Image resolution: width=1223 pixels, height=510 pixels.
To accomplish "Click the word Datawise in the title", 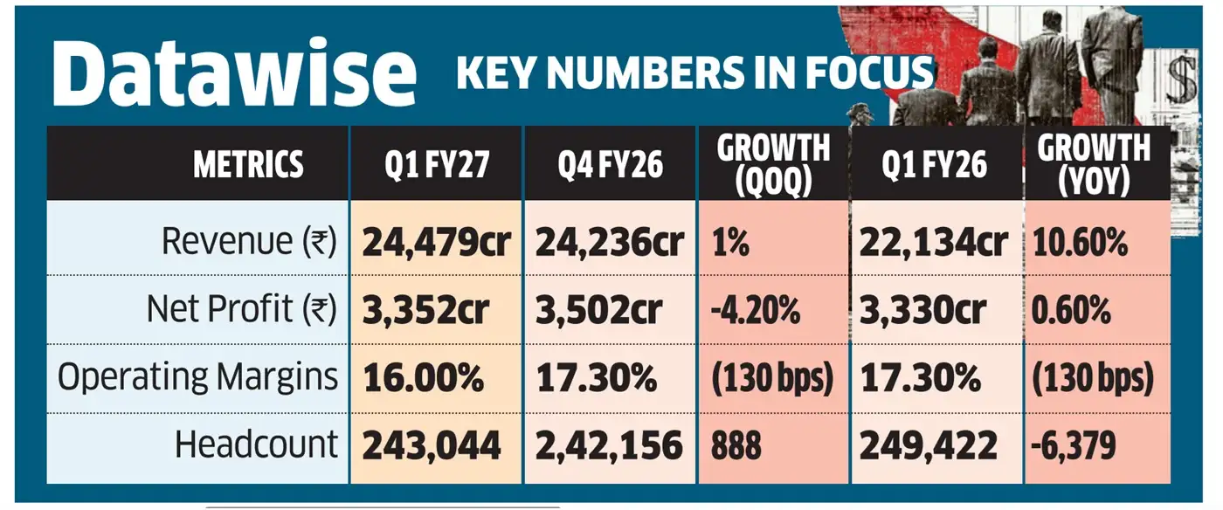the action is tap(234, 72).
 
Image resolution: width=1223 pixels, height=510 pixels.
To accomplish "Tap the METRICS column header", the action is tap(248, 164).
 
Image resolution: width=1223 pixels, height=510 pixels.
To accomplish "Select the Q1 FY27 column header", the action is tap(437, 164).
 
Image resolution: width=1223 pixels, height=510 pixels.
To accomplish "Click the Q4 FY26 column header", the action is tap(610, 164).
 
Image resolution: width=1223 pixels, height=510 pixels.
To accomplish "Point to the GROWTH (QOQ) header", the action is tap(773, 164).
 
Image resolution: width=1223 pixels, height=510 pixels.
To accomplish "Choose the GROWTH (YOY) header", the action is tap(1094, 164).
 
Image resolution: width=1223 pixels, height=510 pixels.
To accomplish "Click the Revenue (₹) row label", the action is tap(249, 241).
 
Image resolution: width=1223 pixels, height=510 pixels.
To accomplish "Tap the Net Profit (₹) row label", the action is tap(242, 309).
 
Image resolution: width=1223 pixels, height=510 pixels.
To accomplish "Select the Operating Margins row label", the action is tap(197, 377).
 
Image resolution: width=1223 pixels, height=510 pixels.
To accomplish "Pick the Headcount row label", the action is tap(256, 445).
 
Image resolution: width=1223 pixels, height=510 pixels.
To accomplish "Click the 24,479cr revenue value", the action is tap(436, 243).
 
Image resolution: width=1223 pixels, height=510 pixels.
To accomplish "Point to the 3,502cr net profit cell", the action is tap(598, 310).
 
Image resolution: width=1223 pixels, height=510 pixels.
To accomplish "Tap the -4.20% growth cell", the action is tap(755, 310).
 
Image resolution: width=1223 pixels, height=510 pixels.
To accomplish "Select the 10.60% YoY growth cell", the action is tap(1080, 243).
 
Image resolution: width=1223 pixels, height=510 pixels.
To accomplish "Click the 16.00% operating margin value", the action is tap(423, 378).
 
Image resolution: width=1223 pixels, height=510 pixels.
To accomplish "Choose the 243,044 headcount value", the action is tap(432, 445).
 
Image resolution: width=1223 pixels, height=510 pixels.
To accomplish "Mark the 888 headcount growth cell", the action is tap(736, 445).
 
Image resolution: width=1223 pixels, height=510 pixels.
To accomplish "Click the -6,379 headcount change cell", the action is tap(1073, 445).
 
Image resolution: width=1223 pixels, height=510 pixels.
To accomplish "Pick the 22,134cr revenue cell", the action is tap(934, 243).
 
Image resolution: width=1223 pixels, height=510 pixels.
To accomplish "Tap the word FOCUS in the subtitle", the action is tap(869, 72).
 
